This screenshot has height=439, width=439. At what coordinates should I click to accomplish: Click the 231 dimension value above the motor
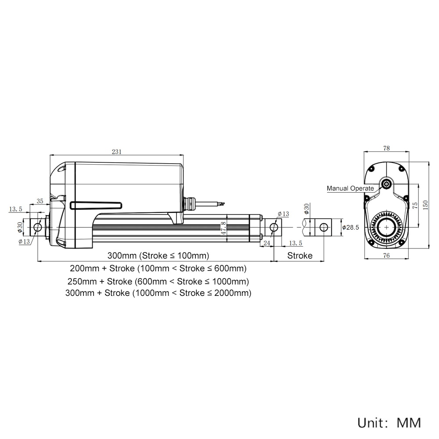117,152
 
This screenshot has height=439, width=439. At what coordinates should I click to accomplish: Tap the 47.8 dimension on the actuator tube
224,228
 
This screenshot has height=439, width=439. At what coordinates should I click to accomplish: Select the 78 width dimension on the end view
386,148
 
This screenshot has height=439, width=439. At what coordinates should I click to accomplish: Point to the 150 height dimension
425,205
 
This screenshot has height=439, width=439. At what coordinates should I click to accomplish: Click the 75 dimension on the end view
415,205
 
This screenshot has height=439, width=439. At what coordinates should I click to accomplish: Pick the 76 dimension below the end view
386,255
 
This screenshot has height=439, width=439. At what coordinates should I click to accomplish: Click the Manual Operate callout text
350,188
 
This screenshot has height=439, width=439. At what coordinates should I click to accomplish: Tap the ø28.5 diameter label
350,227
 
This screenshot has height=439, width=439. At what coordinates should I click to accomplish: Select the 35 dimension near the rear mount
40,201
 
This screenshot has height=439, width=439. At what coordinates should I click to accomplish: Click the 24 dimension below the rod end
267,243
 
